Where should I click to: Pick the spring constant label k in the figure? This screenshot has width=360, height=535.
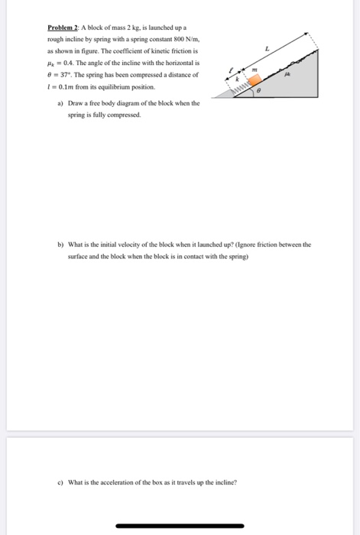pyautogui.click(x=237, y=79)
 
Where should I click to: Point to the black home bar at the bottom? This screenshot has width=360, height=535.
pyautogui.click(x=180, y=526)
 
